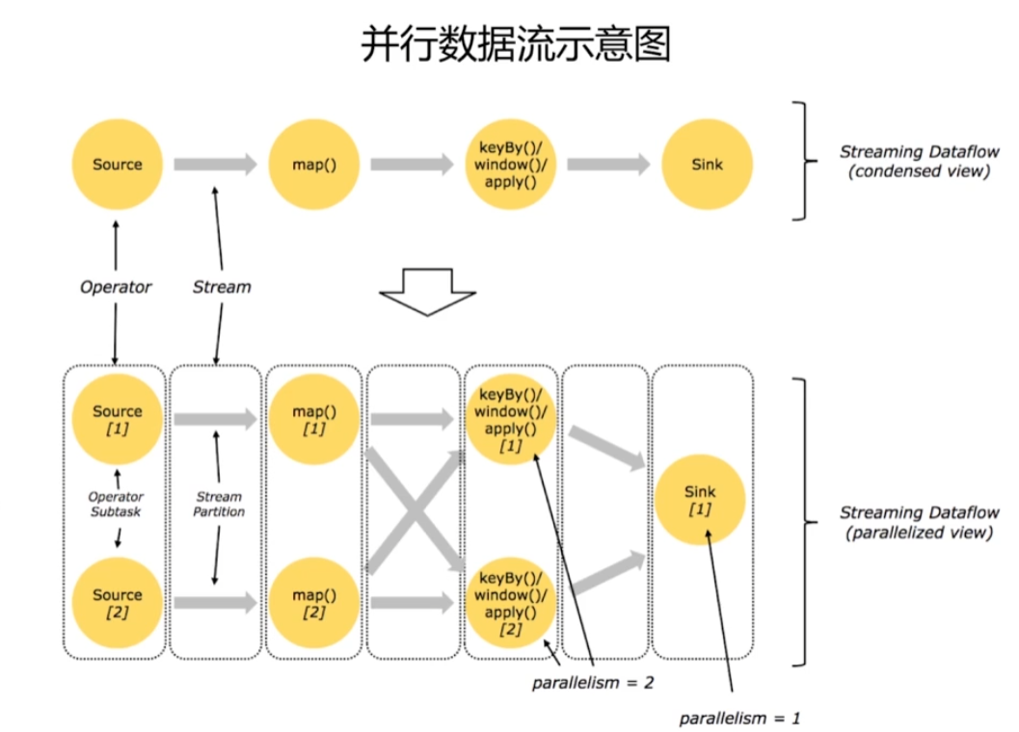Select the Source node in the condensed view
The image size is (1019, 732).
tap(117, 165)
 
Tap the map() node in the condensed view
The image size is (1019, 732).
tap(314, 165)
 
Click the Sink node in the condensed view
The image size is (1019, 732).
tap(707, 165)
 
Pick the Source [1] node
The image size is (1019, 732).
tap(117, 419)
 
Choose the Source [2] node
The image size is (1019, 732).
tap(117, 603)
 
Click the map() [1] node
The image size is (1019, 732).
tap(314, 419)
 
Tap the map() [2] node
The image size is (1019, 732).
tap(314, 603)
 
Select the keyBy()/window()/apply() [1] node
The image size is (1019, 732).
tap(512, 419)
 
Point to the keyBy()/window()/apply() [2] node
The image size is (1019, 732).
tap(512, 603)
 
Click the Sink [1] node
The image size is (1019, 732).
tap(700, 500)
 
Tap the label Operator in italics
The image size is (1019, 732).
tap(116, 287)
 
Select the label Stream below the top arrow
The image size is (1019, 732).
tap(222, 287)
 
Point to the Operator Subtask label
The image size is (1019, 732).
tap(116, 504)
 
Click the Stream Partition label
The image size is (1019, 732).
tap(219, 504)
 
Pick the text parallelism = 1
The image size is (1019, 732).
tap(739, 719)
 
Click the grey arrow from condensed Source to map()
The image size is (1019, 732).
tap(215, 165)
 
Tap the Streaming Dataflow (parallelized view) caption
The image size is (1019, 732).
tap(915, 522)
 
